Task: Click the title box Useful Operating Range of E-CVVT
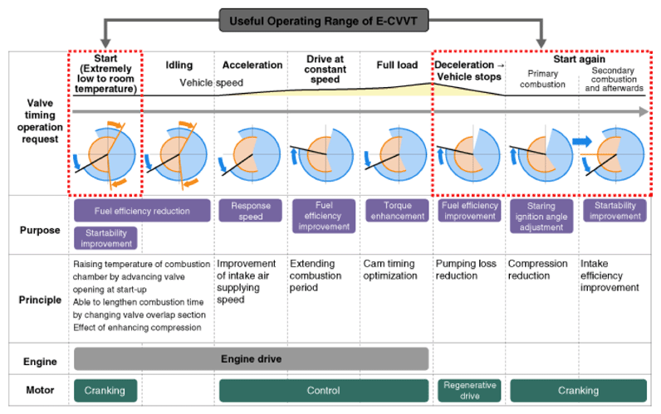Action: click(323, 21)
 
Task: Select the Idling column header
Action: click(179, 65)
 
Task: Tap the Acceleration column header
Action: click(252, 65)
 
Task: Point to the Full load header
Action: click(397, 65)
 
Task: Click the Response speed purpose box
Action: click(251, 211)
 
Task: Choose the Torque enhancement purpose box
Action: click(397, 211)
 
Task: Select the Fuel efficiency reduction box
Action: click(142, 211)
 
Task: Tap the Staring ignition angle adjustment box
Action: click(541, 216)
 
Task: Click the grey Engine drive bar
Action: click(252, 359)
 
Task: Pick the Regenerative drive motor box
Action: click(470, 391)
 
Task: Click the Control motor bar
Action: click(323, 391)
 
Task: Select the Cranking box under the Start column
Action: click(105, 391)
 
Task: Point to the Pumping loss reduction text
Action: click(466, 270)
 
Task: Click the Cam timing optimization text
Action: click(390, 270)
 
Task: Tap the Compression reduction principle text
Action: click(537, 270)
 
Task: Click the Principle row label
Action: click(40, 300)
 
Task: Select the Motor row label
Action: click(40, 390)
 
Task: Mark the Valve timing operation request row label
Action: click(40, 121)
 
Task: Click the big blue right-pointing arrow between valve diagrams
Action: click(582, 142)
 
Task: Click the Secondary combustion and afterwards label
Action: click(614, 79)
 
